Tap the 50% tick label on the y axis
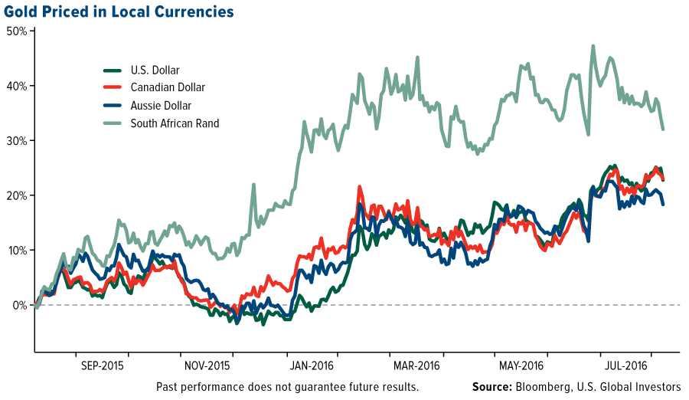[17, 31]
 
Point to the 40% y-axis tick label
[17, 86]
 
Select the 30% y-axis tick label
[17, 141]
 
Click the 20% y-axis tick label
[17, 195]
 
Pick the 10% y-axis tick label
[17, 251]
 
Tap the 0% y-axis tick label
[20, 305]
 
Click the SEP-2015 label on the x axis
[102, 365]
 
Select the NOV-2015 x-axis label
[207, 365]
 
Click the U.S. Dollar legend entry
[155, 70]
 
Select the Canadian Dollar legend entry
[168, 88]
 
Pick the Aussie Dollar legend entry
[161, 106]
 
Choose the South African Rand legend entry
[175, 123]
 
